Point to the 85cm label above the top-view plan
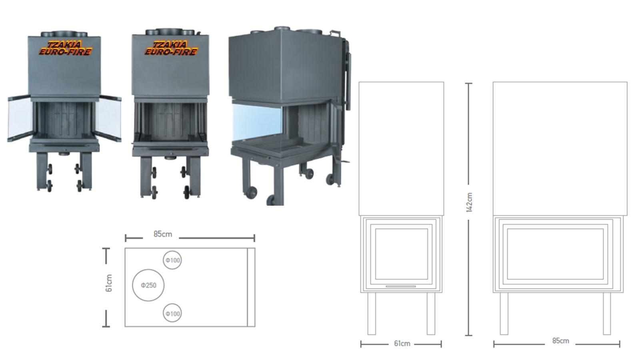tap(162, 234)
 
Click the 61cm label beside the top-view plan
tap(109, 283)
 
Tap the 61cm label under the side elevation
tap(402, 344)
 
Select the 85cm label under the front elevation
tap(560, 340)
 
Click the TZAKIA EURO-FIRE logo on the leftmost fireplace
tap(66, 48)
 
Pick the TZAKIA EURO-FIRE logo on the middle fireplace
tap(171, 48)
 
